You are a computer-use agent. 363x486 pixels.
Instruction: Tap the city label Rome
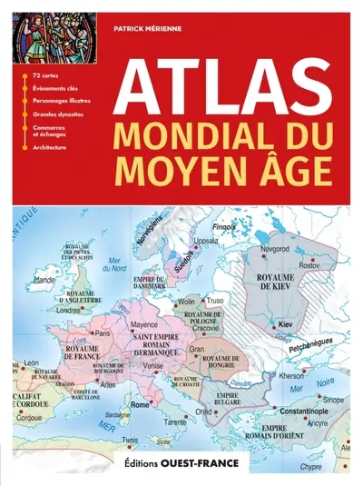coord(142,405)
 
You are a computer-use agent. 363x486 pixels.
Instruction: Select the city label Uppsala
coord(207,242)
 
